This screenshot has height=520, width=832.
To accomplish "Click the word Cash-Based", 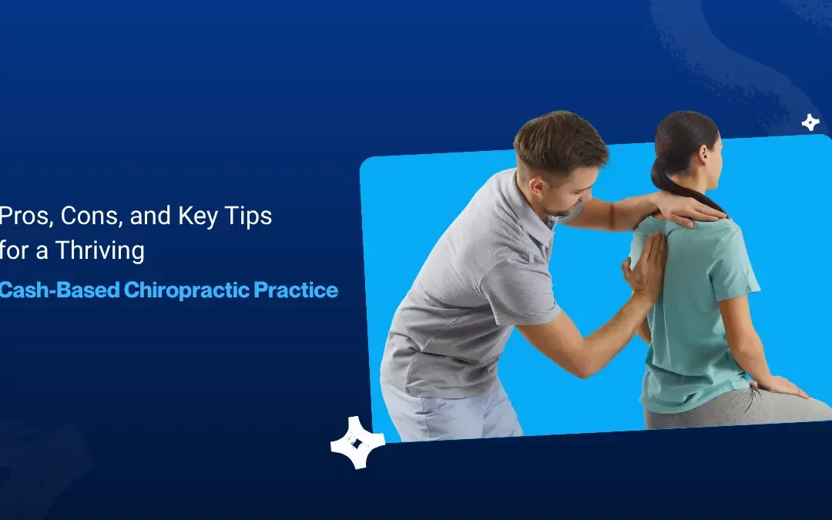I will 59,290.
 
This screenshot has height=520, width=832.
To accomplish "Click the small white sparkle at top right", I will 810,122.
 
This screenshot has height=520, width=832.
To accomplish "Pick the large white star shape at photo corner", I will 357,443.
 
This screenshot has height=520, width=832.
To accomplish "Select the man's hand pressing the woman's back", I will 646,266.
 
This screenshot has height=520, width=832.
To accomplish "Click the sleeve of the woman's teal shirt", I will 739,266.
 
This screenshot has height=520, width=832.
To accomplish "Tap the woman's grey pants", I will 740,412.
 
